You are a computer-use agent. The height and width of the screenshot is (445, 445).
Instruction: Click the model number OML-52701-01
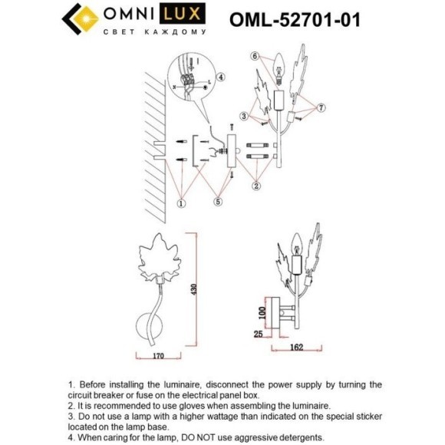pyautogui.click(x=295, y=18)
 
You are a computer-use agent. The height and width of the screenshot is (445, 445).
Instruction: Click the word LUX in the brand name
pyautogui.click(x=190, y=15)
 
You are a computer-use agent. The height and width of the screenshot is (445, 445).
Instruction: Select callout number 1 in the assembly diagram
pyautogui.click(x=181, y=203)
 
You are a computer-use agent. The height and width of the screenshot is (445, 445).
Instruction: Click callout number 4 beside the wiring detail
pyautogui.click(x=220, y=77)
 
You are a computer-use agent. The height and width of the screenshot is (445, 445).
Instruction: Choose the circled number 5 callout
pyautogui.click(x=218, y=202)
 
